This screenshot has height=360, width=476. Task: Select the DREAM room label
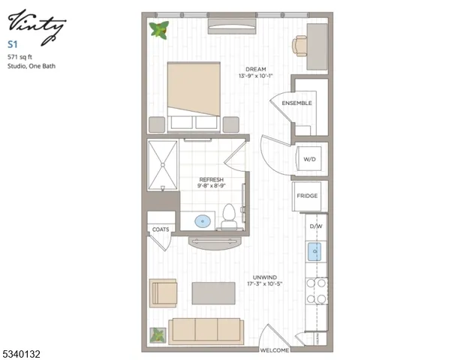pyautogui.click(x=255, y=69)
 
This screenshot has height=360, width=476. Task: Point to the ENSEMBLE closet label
pyautogui.click(x=297, y=103)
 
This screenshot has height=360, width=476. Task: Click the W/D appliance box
pyautogui.click(x=309, y=158)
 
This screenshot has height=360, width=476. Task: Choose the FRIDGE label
pyautogui.click(x=307, y=196)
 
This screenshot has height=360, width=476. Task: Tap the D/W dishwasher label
pyautogui.click(x=315, y=225)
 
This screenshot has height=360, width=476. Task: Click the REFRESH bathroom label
pyautogui.click(x=211, y=179)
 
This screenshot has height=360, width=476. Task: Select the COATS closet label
pyautogui.click(x=161, y=229)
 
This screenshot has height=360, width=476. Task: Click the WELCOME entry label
pyautogui.click(x=275, y=349)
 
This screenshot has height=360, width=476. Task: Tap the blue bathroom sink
pyautogui.click(x=202, y=221)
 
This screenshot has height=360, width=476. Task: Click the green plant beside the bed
pyautogui.click(x=159, y=30)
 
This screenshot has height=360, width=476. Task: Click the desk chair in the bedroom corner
pyautogui.click(x=301, y=46)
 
